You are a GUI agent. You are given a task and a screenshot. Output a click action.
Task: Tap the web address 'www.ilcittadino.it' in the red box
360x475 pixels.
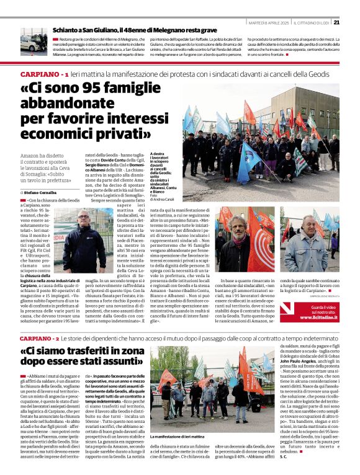click(x=320, y=317)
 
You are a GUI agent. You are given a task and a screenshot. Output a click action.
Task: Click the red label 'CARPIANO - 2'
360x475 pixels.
click(x=40, y=339)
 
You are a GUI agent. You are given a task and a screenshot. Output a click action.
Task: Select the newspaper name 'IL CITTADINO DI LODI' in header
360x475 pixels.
click(x=306, y=23)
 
